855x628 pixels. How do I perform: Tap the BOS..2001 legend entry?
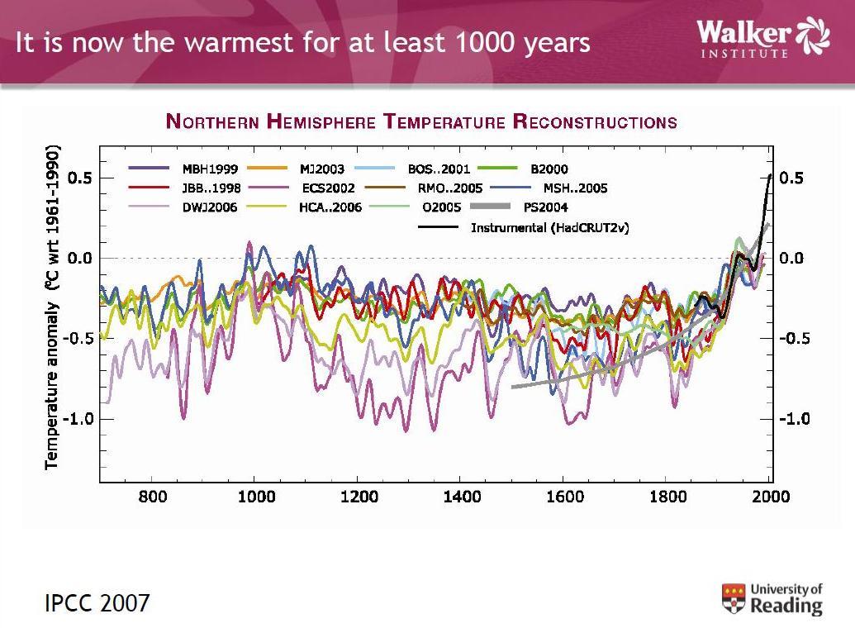[439, 169]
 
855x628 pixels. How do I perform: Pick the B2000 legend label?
[549, 169]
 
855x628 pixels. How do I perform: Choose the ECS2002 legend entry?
[328, 188]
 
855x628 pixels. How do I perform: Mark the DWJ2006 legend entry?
[210, 207]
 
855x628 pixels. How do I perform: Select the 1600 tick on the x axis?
[565, 497]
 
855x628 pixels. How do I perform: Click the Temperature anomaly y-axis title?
[53, 308]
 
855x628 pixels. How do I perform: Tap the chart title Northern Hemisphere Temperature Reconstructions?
[421, 122]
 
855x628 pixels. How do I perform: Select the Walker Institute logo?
[762, 37]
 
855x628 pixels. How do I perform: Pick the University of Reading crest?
[734, 598]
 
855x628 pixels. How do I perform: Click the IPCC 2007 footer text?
[97, 602]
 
